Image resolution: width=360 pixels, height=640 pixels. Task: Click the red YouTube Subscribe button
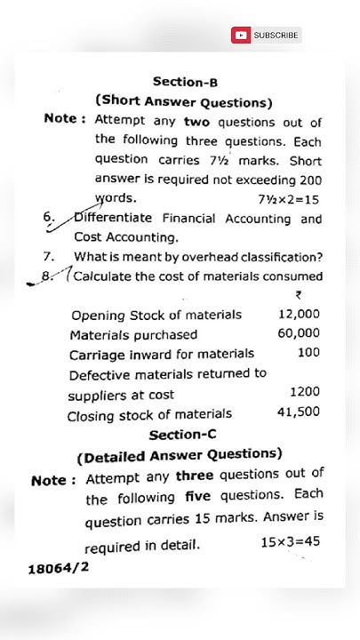(x=267, y=36)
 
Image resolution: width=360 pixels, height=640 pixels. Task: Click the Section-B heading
(x=185, y=81)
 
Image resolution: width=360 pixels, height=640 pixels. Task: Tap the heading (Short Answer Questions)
(x=184, y=101)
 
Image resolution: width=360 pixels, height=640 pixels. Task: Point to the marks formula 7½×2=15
(x=288, y=199)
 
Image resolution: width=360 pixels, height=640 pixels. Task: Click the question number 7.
(x=49, y=257)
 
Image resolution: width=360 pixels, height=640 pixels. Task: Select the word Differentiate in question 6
(x=113, y=219)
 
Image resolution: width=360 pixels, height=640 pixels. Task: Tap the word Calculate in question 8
(x=101, y=276)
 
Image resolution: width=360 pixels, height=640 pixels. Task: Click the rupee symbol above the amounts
(x=298, y=296)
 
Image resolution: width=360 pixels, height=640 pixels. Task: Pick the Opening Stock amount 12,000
(x=299, y=315)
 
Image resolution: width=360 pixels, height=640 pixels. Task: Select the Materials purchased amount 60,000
(x=299, y=333)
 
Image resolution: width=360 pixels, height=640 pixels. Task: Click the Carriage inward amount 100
(x=308, y=353)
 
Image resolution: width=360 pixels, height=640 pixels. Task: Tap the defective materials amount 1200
(x=304, y=392)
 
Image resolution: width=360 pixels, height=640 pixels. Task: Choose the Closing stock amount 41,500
(x=299, y=412)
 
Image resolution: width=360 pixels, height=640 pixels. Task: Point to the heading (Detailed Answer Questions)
(x=180, y=457)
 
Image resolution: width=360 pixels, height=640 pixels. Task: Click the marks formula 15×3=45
(x=290, y=541)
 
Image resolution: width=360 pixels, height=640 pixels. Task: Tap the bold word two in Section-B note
(x=197, y=122)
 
